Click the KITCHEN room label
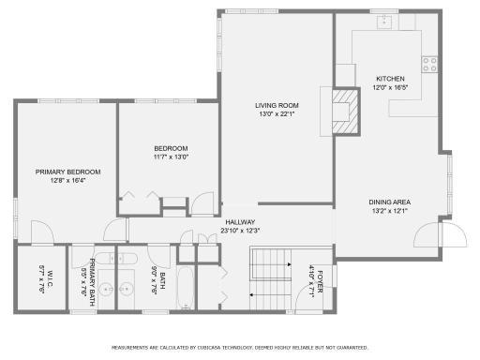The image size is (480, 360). (x=390, y=78)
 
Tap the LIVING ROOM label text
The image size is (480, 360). (x=277, y=105)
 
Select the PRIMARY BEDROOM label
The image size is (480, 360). (x=67, y=172)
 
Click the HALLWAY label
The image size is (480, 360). (x=239, y=222)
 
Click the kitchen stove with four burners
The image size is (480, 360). (x=429, y=64)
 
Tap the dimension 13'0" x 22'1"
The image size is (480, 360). (x=277, y=114)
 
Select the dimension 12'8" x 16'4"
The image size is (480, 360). (x=67, y=181)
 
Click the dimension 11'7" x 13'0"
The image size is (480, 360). (x=171, y=157)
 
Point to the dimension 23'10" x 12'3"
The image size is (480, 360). (x=239, y=231)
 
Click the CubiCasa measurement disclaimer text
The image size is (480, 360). (x=240, y=346)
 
